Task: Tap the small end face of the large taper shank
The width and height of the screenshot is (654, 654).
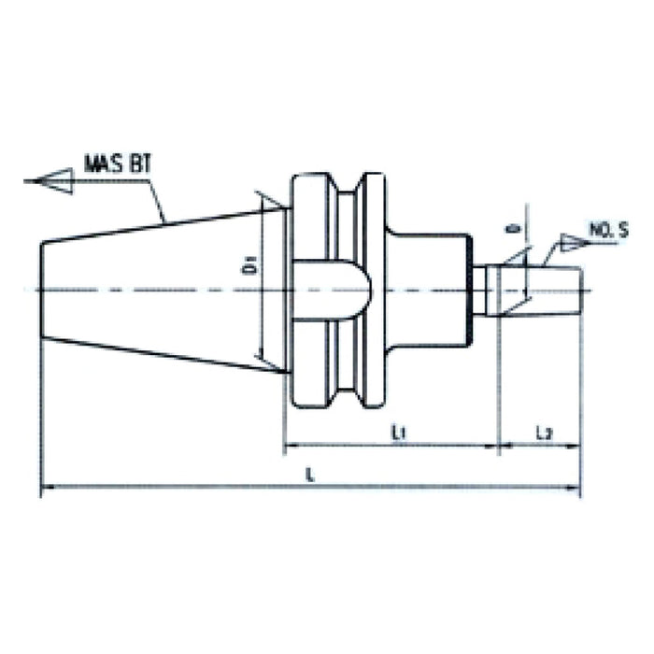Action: [x=42, y=290]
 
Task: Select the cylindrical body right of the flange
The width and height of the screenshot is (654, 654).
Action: [x=425, y=290]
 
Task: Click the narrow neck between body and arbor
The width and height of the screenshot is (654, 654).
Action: [x=478, y=290]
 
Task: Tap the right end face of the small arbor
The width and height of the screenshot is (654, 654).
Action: [x=580, y=290]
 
